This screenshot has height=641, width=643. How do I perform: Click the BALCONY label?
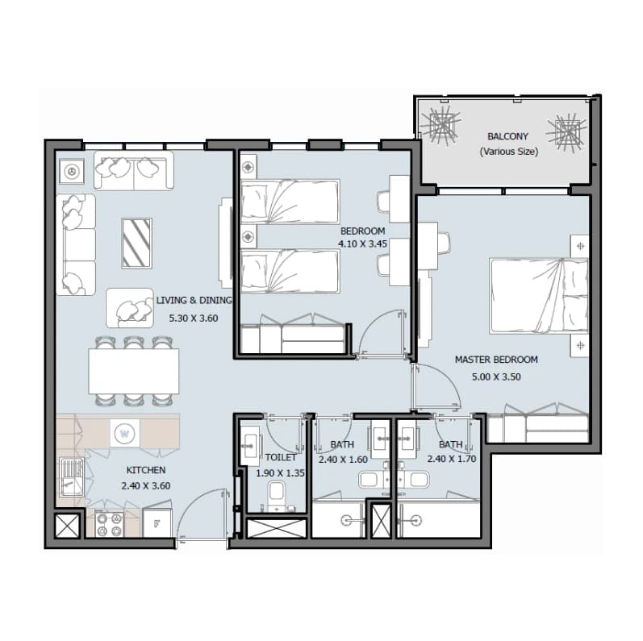point(507,136)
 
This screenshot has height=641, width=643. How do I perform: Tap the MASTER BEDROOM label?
point(496,360)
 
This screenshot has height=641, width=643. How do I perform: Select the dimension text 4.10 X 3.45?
point(362,243)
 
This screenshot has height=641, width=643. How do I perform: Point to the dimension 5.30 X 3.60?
point(194,318)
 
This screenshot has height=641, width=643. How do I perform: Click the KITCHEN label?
point(145,470)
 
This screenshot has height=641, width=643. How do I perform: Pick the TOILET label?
point(281,457)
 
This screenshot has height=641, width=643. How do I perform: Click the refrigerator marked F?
point(157,523)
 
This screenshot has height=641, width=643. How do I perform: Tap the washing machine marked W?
point(125,433)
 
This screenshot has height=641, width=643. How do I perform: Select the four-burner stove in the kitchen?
point(110,523)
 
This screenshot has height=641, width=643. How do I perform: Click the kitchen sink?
point(72,477)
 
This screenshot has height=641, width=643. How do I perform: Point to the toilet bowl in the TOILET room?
point(277,494)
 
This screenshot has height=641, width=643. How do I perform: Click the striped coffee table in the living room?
point(137,243)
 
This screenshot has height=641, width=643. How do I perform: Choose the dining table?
point(134,371)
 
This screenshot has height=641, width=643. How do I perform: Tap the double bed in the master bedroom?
point(539,295)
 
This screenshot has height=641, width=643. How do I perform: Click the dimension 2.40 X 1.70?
point(452,459)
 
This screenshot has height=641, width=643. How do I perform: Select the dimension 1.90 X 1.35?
point(281,473)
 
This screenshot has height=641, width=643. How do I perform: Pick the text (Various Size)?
point(509,152)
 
